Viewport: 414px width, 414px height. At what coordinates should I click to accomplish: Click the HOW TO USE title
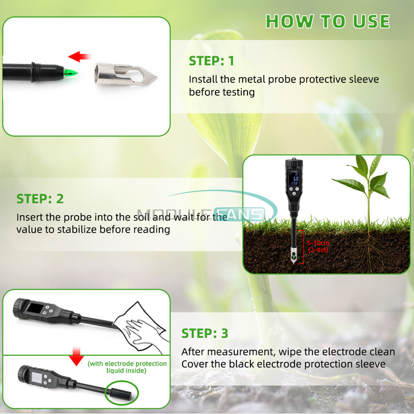[327, 21]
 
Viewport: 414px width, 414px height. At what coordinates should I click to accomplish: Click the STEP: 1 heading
[212, 61]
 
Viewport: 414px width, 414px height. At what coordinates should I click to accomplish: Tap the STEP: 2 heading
[40, 198]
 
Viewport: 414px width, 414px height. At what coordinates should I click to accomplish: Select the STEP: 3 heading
[205, 333]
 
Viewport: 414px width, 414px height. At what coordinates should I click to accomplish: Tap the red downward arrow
[75, 357]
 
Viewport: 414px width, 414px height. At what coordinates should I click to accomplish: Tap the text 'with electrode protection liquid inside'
[127, 367]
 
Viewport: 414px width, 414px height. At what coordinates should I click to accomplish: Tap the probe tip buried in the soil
[293, 258]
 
